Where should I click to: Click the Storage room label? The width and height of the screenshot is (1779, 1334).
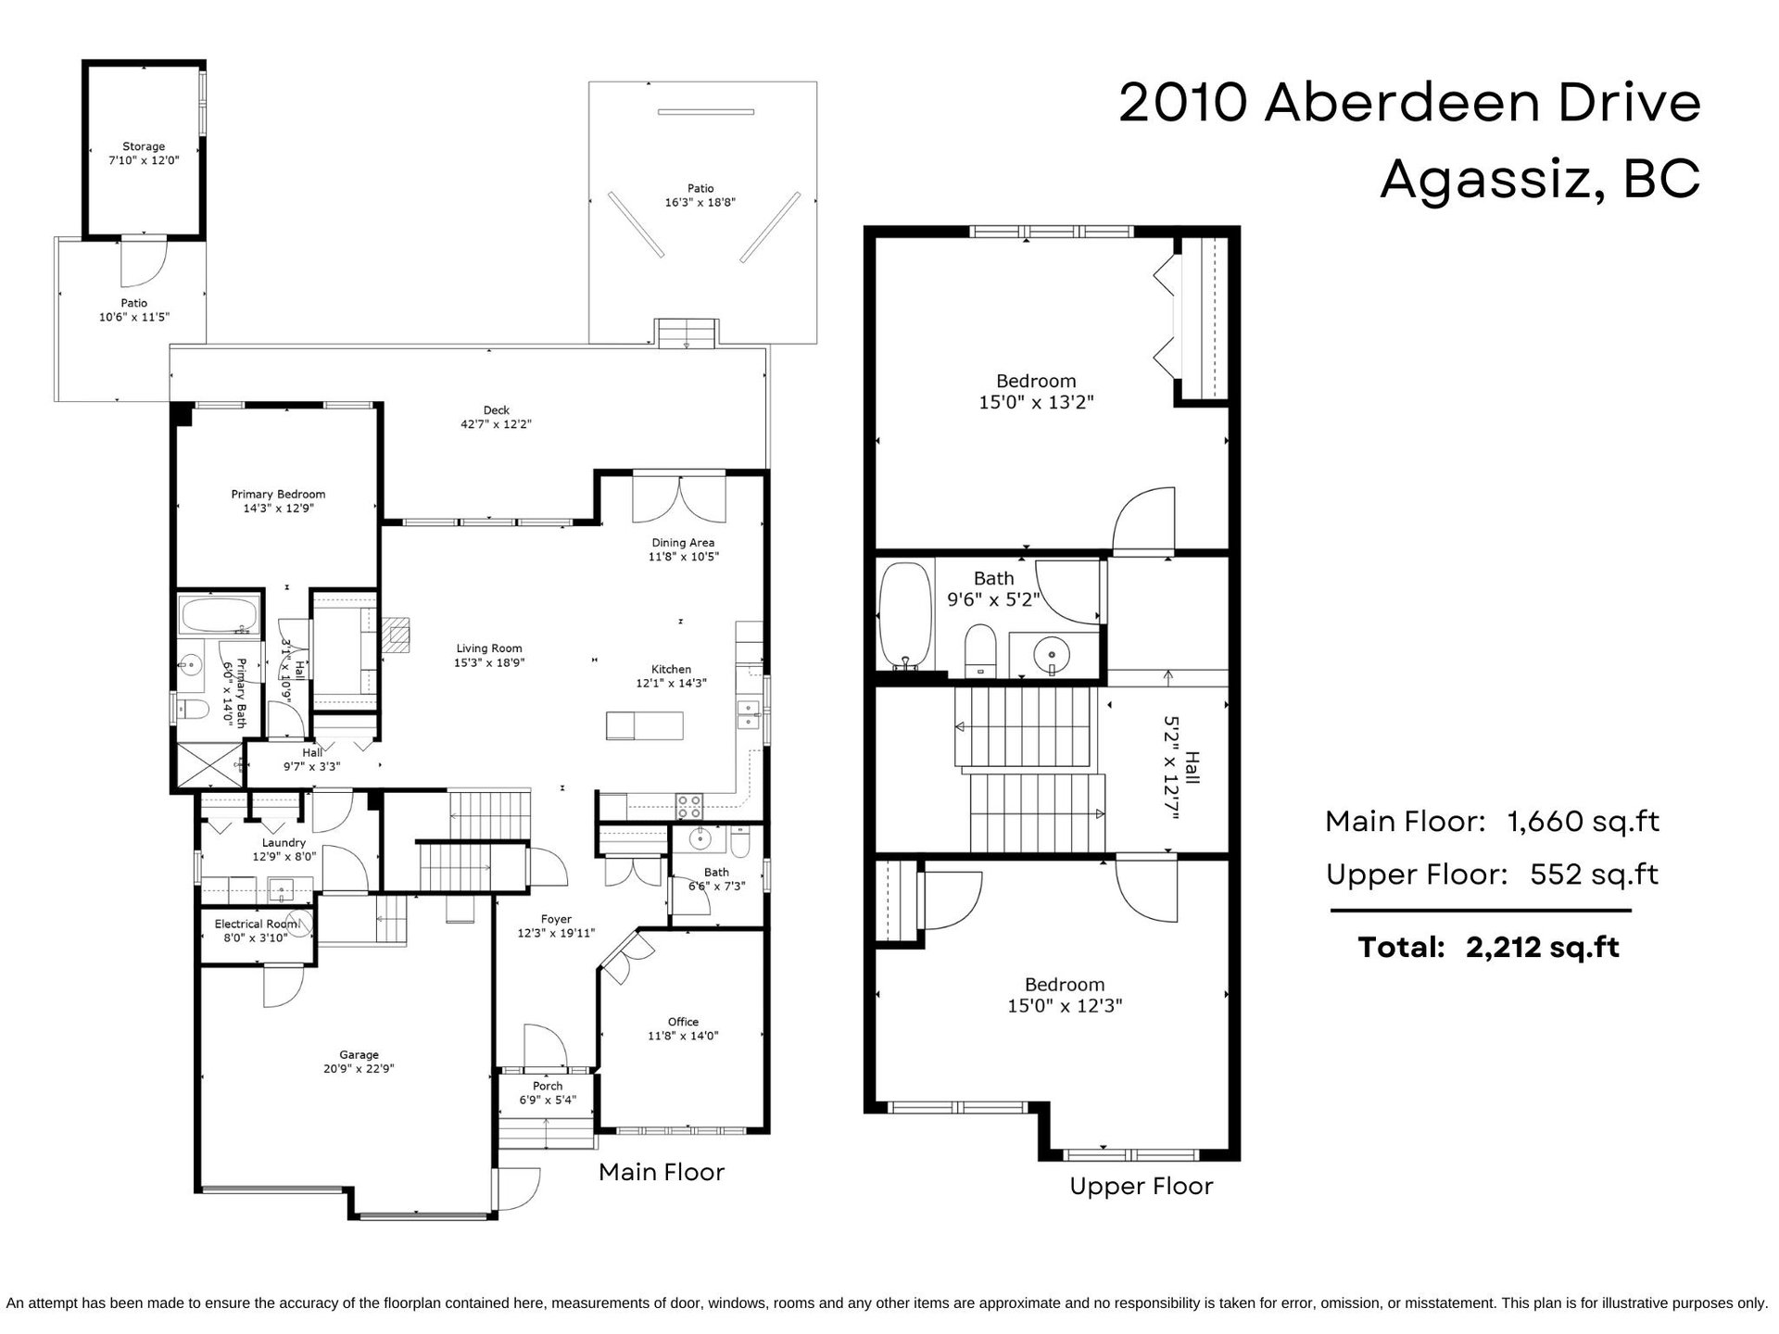pos(144,146)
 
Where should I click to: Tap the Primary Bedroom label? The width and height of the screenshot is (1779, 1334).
pos(278,495)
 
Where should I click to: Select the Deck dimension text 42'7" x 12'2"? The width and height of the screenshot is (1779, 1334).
pos(497,425)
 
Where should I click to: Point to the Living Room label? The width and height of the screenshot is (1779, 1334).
pos(488,648)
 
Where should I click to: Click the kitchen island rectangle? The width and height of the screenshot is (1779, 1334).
pos(645,725)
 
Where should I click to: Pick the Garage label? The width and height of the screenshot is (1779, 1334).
pos(359,1054)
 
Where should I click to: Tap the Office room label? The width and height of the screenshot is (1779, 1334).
pos(684,1022)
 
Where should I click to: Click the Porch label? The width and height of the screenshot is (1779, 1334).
pos(548,1086)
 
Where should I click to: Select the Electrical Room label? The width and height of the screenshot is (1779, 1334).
pos(257,924)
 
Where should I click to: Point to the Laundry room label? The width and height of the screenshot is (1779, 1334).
pos(284,843)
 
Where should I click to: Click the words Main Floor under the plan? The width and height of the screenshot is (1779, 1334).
pos(662,1172)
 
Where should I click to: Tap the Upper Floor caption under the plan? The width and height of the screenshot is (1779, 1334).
pos(1141,1187)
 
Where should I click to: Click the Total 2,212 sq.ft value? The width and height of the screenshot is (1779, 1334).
pos(1543,948)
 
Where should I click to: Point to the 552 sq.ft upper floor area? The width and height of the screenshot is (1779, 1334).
pos(1594,875)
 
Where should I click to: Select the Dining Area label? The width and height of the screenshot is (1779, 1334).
pos(682,543)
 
